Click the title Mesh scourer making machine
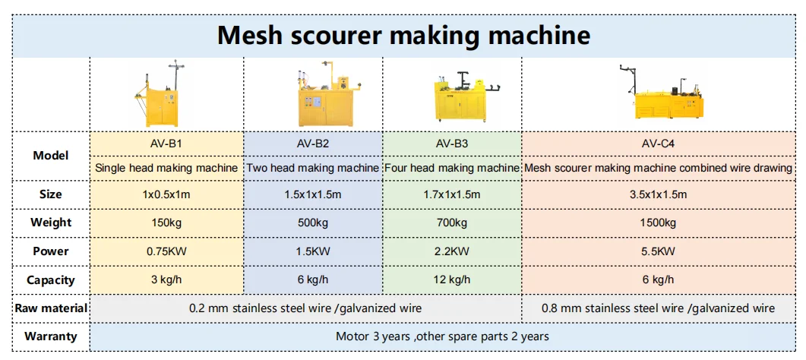403,35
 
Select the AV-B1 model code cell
166,143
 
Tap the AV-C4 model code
658,143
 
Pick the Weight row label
51,223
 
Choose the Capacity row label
51,279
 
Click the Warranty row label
51,336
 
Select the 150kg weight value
166,223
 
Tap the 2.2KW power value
451,251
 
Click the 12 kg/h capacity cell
451,279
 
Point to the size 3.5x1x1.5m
658,194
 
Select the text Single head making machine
166,167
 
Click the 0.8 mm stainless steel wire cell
658,308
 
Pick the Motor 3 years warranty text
442,336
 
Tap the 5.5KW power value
658,251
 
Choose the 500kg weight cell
312,223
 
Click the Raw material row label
51,308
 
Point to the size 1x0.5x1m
166,194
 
